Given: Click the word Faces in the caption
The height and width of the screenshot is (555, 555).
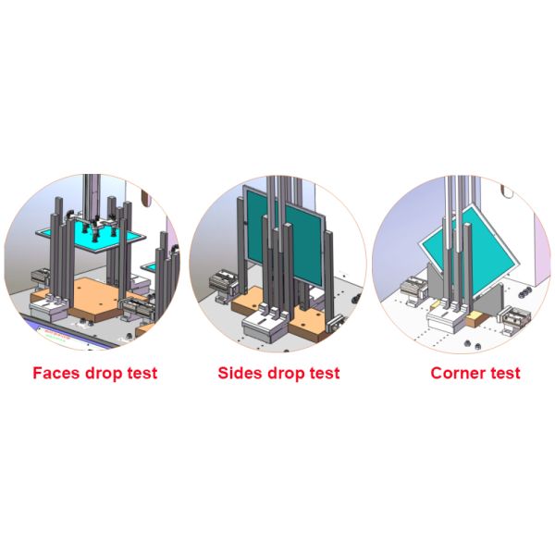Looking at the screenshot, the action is click(x=56, y=373).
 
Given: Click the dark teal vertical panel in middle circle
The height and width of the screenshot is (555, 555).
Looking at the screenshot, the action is click(x=285, y=234).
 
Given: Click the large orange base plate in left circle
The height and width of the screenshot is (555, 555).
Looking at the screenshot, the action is click(x=96, y=297).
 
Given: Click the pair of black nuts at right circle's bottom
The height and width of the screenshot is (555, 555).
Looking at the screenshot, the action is click(x=472, y=344).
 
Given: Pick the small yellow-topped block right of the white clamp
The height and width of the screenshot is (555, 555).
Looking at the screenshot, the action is click(x=476, y=318).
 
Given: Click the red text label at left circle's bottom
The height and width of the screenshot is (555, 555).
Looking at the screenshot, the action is click(x=56, y=335).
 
